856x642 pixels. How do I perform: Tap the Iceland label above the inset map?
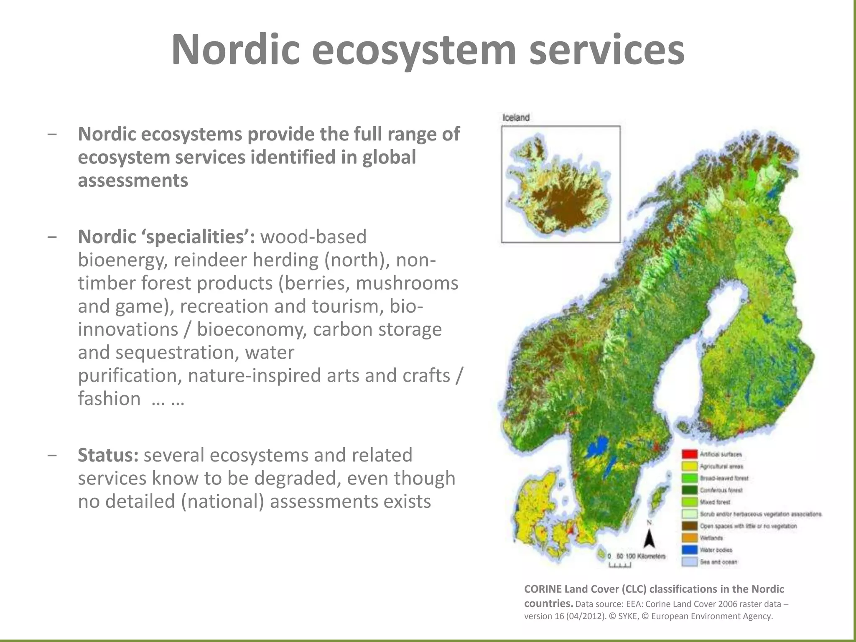(x=515, y=117)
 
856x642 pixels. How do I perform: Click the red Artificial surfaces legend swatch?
(x=690, y=454)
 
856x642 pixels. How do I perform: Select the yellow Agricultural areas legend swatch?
(x=690, y=466)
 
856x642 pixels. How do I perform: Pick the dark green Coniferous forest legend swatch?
(x=690, y=490)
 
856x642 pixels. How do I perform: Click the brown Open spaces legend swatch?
(x=690, y=526)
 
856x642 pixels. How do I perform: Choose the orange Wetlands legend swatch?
(x=690, y=538)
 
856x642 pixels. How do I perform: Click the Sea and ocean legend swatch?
(x=690, y=562)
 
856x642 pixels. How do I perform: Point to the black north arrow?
(x=649, y=539)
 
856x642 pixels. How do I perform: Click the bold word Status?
(x=108, y=455)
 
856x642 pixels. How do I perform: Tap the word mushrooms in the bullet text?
(x=407, y=283)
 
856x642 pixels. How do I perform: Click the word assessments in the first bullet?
(x=133, y=181)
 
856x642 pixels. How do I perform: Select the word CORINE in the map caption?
(x=543, y=589)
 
